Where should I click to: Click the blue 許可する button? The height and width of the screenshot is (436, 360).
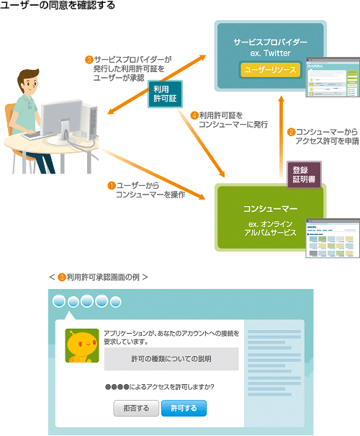(x=184, y=408)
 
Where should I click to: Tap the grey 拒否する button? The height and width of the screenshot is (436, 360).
(x=136, y=408)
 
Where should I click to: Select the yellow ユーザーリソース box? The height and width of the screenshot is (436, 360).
(x=270, y=70)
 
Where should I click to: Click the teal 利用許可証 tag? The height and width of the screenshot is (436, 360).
(x=165, y=94)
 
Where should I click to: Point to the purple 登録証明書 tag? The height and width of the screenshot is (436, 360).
(x=304, y=174)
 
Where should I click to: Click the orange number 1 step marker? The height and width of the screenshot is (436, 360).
(x=112, y=185)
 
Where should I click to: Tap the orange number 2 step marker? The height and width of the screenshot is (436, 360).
(x=291, y=132)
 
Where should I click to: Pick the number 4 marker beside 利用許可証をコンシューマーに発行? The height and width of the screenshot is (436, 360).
(x=194, y=115)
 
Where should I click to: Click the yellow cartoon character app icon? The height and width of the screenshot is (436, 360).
(x=82, y=346)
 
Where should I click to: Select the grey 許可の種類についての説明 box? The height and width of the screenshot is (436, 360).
(x=171, y=359)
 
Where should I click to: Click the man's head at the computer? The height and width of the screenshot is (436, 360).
(x=28, y=81)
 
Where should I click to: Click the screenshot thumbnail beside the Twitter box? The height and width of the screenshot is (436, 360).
(x=333, y=77)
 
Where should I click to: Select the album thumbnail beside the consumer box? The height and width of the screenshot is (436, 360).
(x=333, y=238)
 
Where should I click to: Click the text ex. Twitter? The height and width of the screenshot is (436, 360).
(x=270, y=53)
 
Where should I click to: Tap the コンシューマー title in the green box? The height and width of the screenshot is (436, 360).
(x=270, y=208)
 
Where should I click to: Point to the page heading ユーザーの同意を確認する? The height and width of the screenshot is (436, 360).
(x=58, y=5)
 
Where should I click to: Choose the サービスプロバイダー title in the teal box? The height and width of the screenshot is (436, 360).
(x=270, y=42)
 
